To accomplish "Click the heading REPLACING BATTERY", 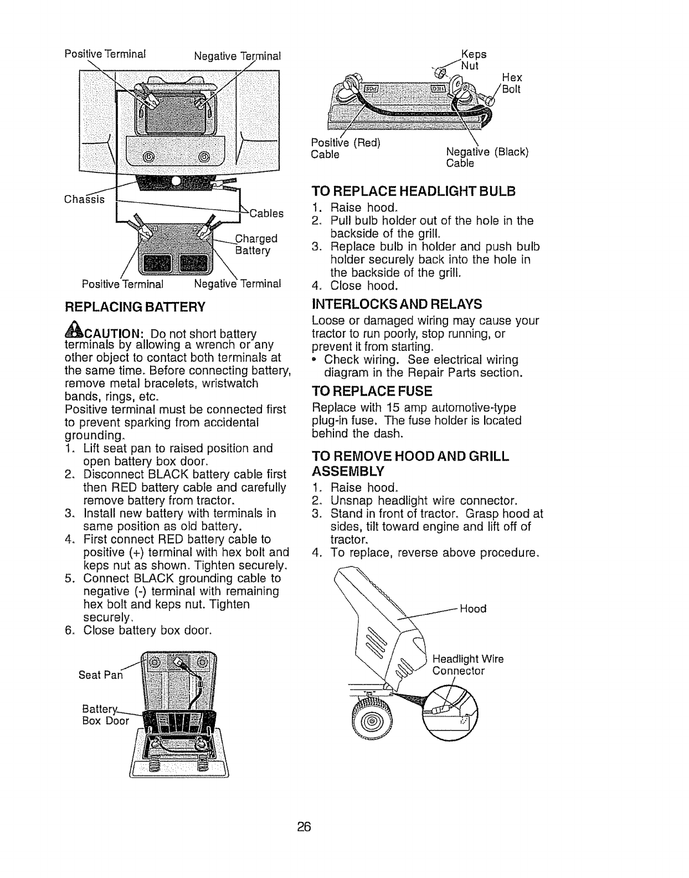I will (135, 307).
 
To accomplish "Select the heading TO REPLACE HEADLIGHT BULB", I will (413, 191).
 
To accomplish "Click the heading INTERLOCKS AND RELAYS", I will (397, 304).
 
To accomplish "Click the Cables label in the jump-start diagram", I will (266, 213).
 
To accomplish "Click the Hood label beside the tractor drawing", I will (473, 609).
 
